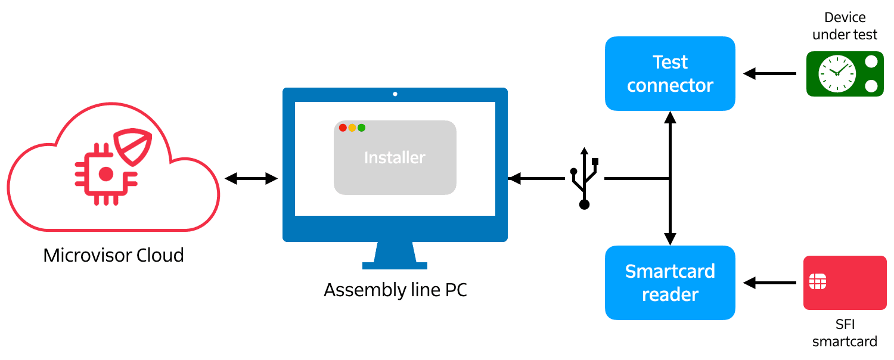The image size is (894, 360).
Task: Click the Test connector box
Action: (x=670, y=73)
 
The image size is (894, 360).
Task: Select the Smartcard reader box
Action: (x=670, y=283)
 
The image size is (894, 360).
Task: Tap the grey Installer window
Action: (x=395, y=164)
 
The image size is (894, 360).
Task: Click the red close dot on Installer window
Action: (x=343, y=128)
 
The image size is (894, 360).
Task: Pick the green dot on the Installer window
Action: (x=361, y=128)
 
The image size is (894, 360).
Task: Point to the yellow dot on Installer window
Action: (x=352, y=128)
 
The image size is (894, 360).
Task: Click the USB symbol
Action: (x=584, y=178)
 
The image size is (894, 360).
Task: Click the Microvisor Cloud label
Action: (x=113, y=256)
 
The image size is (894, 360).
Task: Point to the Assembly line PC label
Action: (x=395, y=290)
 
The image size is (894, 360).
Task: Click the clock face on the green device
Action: (x=837, y=73)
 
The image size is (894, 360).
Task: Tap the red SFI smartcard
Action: (x=845, y=283)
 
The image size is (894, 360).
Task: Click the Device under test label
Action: (x=845, y=26)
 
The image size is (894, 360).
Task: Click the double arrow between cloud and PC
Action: (x=251, y=178)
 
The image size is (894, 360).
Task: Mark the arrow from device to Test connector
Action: (x=769, y=74)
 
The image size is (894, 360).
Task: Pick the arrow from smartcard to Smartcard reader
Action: (x=769, y=283)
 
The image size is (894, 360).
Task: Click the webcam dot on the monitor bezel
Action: (x=395, y=94)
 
